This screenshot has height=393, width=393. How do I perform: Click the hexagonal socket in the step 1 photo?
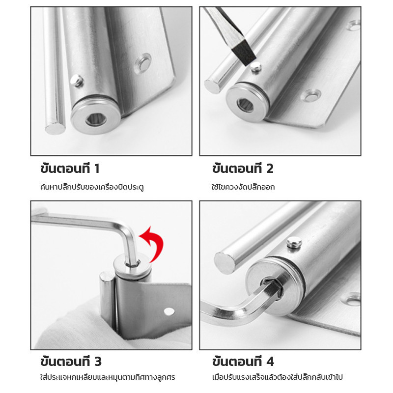(94, 120)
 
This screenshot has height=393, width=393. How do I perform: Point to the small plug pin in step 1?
(77, 81)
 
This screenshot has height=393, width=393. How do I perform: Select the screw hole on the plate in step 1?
(143, 64)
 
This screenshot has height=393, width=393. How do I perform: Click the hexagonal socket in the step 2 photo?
(245, 105)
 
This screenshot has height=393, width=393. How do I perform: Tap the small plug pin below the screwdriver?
(256, 67)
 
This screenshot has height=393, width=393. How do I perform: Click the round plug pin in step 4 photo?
(294, 242)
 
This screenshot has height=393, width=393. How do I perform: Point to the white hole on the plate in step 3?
(169, 311)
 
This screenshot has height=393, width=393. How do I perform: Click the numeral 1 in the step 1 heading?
(97, 168)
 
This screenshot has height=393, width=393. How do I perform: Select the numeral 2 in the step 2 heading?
(270, 168)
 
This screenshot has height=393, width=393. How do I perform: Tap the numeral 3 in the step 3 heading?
(98, 362)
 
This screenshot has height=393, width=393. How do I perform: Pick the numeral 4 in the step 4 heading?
(270, 362)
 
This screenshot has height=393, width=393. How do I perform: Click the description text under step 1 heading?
(92, 187)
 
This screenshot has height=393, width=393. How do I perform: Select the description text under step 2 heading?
(243, 187)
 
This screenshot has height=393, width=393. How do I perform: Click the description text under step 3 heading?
(108, 377)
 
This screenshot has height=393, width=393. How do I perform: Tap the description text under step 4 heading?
(277, 377)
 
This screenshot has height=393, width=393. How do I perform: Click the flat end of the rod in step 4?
(225, 263)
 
